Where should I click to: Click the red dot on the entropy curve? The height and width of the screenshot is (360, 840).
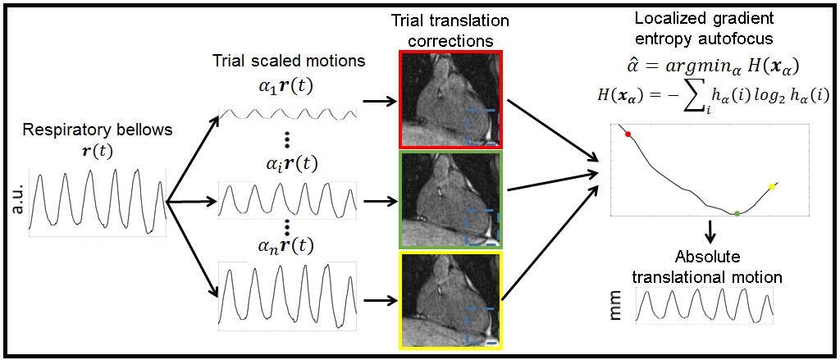[628, 134]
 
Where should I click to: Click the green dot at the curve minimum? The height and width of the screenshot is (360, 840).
[737, 213]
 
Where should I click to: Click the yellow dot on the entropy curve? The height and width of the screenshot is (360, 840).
[772, 187]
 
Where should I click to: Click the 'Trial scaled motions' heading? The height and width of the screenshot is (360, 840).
[288, 62]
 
